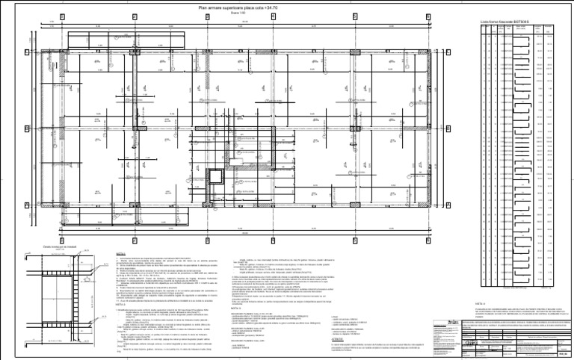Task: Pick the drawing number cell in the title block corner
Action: (564, 354)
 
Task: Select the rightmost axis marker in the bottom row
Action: (430, 240)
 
